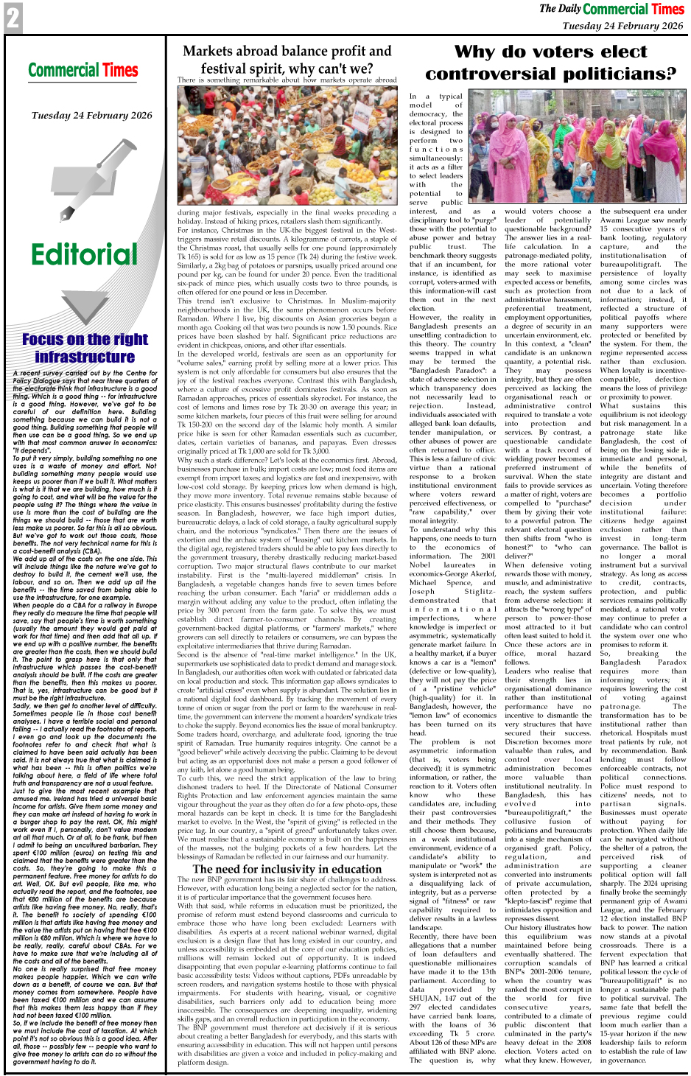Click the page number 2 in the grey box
tap(13, 18)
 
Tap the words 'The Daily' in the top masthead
tap(560, 9)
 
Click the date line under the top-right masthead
tap(622, 25)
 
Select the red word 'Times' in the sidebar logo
tap(119, 71)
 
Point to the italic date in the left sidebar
tap(91, 115)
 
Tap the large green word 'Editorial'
tap(84, 254)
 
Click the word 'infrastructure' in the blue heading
tap(85, 357)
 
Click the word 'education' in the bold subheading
tap(356, 869)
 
